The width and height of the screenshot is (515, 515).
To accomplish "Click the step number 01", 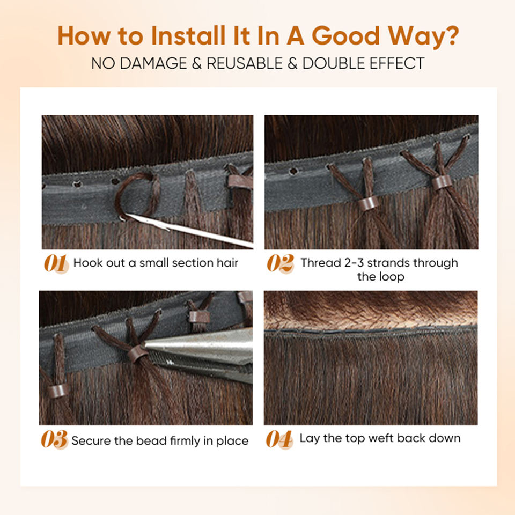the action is (56, 263).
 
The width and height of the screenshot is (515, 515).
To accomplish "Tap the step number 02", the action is (280, 263).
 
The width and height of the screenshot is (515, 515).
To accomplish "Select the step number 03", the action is (54, 439).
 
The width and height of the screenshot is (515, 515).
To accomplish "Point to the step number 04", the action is (279, 439).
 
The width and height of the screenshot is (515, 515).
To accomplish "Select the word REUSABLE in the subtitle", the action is (245, 63).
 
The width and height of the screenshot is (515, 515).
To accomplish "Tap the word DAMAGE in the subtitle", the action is (153, 63).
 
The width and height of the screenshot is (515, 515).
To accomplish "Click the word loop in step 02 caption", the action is (392, 277).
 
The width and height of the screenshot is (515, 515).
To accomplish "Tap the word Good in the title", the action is (346, 35).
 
